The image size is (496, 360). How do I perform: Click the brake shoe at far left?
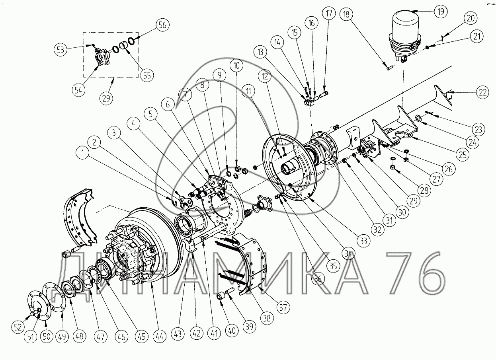[82, 215]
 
